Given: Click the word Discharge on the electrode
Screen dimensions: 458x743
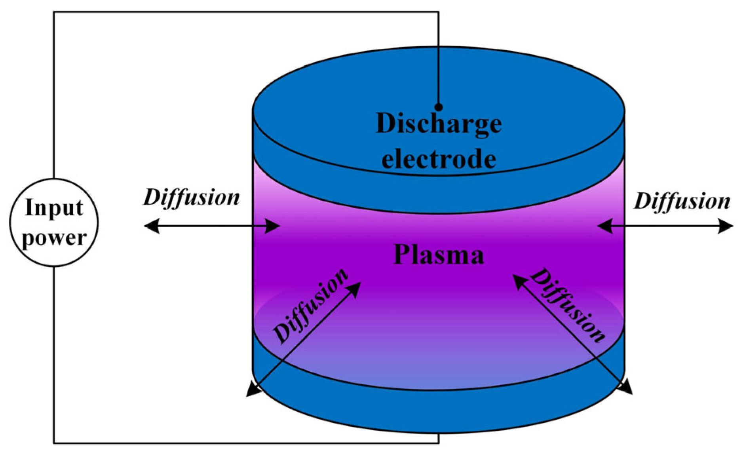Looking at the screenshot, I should click(x=439, y=124).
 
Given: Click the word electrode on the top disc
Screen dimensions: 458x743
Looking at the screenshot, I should click(x=439, y=159).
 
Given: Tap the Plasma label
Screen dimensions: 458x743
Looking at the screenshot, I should click(x=439, y=255).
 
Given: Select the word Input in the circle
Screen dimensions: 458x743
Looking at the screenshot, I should click(x=54, y=208).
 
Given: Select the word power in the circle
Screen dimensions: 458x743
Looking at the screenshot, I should click(x=54, y=238).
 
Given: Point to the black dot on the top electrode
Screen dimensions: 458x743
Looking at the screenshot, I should click(x=439, y=107).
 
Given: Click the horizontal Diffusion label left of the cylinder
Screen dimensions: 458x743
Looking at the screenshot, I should click(x=192, y=197).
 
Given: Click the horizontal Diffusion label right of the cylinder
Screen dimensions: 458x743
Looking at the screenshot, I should click(x=682, y=201).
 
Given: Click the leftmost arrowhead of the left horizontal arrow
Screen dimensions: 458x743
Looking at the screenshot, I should click(x=150, y=226).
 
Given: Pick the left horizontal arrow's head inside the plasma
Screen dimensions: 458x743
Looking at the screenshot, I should click(x=274, y=226).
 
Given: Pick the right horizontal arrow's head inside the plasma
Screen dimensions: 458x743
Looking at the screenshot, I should click(x=603, y=226).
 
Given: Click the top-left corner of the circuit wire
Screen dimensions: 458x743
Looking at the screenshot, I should click(x=54, y=12).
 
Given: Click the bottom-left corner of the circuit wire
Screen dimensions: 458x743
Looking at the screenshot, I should click(x=54, y=443).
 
